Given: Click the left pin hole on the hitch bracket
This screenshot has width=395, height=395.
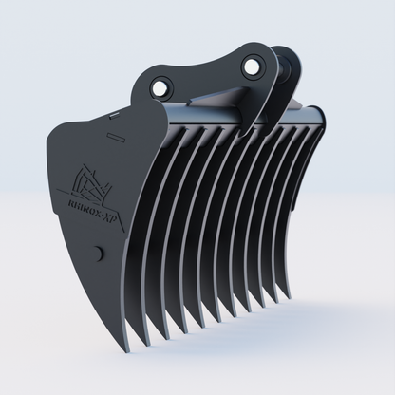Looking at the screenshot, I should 161,85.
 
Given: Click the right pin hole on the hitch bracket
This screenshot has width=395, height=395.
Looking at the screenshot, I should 252,66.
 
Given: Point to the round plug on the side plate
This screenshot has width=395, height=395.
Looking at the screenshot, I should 98,253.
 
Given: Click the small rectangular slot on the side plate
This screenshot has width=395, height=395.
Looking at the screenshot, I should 117,139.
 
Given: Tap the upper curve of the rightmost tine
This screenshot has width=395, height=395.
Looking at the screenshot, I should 315,142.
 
